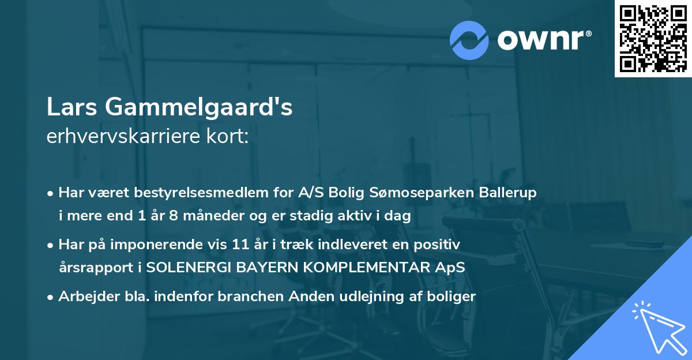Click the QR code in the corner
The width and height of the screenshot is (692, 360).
tap(653, 39)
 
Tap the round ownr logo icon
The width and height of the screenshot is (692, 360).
tap(469, 40)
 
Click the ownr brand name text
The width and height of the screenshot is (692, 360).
tap(543, 40)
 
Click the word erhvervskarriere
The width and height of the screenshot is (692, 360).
tap(119, 137)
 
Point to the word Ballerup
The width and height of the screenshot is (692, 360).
tap(509, 193)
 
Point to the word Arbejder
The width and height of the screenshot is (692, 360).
tap(82, 297)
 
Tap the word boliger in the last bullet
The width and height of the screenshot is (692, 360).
tap(452, 297)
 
